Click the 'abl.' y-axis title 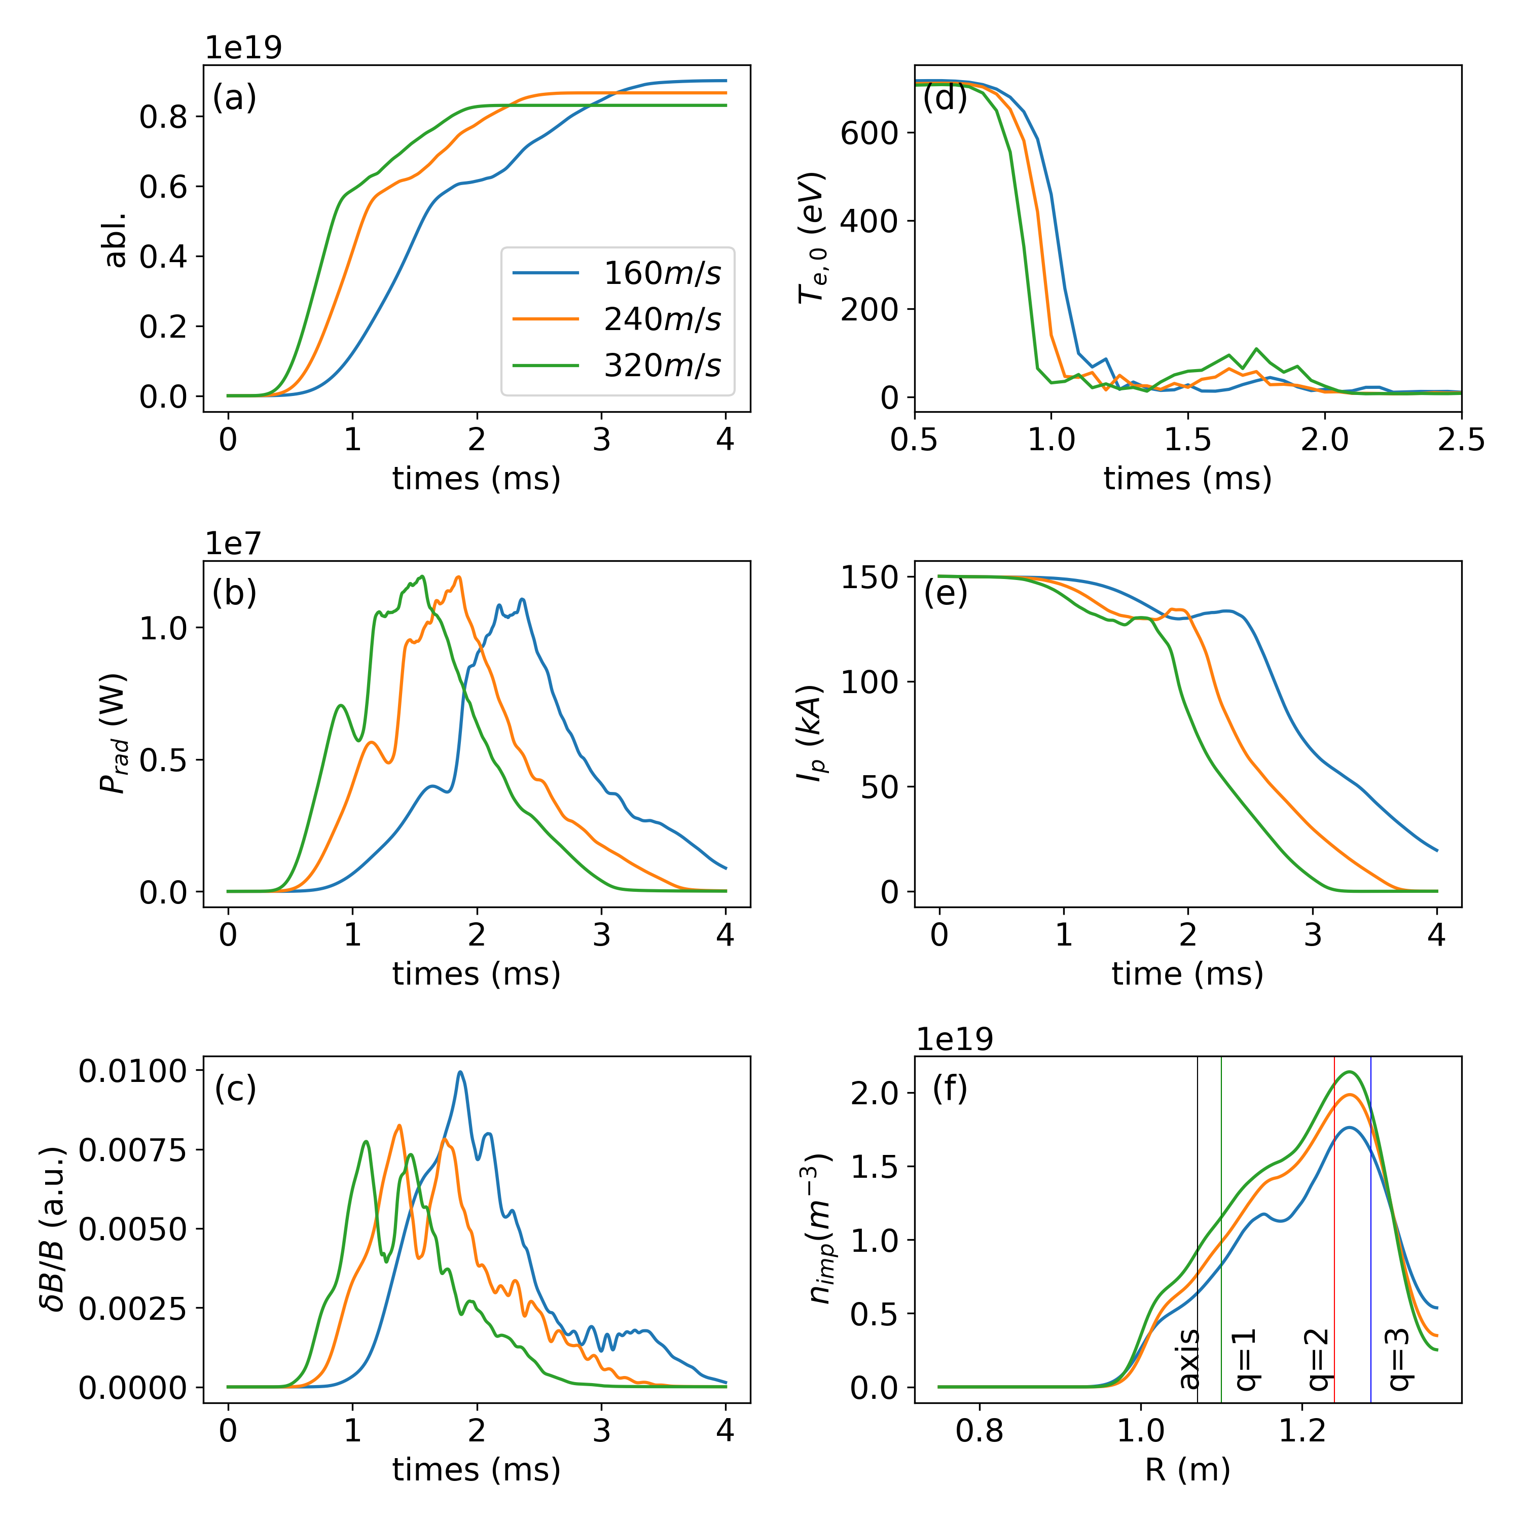pos(116,238)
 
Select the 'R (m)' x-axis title pos(1187,1470)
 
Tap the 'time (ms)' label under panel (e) pos(1187,974)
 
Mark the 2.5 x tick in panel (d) pos(1460,439)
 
